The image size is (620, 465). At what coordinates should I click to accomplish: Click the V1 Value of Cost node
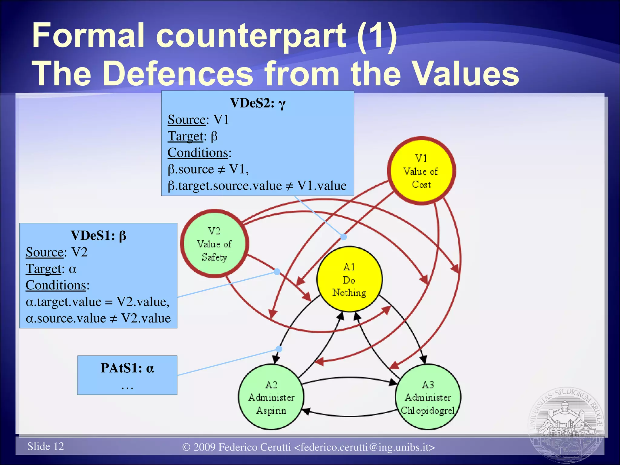coord(421,171)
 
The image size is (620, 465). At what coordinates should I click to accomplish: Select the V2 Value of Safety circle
coord(214,244)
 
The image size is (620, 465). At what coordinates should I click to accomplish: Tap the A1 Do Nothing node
coord(349,279)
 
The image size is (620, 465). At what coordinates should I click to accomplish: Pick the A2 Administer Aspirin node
coord(271,397)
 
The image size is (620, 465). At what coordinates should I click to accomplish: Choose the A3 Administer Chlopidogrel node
coord(428,397)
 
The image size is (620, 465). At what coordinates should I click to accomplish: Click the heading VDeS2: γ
coord(258,103)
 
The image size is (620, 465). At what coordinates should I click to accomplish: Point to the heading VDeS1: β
coord(98,236)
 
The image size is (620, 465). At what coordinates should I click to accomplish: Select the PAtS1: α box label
coord(127,368)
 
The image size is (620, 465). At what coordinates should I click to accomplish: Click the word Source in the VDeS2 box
coord(187,120)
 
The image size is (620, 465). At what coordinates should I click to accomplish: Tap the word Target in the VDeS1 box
coord(44,269)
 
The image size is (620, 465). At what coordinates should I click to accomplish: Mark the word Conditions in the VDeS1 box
coord(56,285)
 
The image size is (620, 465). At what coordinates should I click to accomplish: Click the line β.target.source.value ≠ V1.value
coord(257,186)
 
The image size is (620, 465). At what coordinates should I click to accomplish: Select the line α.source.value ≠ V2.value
coord(98,318)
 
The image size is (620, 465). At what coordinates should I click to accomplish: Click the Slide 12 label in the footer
coord(46,446)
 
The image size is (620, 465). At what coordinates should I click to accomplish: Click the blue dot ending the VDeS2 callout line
coord(343,237)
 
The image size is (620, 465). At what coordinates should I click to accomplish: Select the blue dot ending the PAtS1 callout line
coord(279,349)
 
